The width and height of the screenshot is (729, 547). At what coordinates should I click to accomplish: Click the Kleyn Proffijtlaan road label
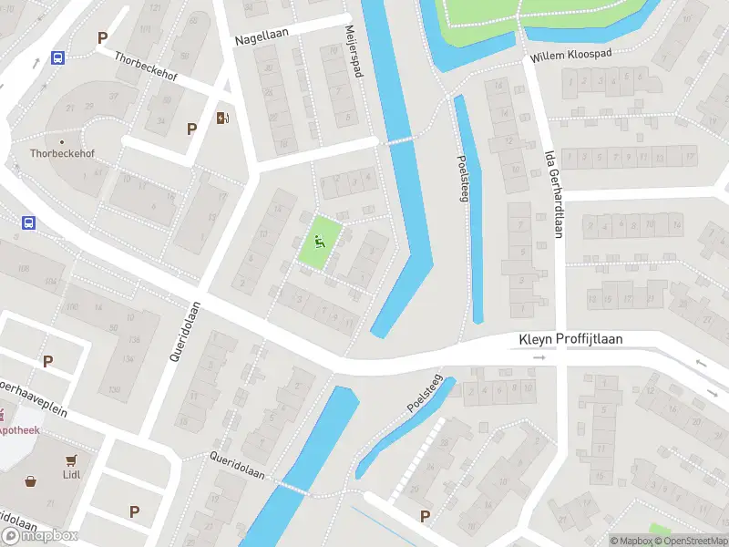pyautogui.click(x=570, y=339)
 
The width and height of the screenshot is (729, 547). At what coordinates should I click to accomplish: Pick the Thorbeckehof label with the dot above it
pyautogui.click(x=61, y=154)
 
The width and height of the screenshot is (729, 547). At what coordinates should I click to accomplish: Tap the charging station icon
pyautogui.click(x=222, y=117)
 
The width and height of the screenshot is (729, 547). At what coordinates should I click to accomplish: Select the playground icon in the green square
pyautogui.click(x=319, y=242)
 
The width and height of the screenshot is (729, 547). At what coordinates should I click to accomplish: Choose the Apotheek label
pyautogui.click(x=17, y=429)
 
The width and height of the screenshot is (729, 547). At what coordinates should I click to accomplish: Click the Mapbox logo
pyautogui.click(x=39, y=535)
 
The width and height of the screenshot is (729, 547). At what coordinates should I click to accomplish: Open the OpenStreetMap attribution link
pyautogui.click(x=692, y=541)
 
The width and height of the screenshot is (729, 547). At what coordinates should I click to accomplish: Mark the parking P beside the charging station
pyautogui.click(x=191, y=129)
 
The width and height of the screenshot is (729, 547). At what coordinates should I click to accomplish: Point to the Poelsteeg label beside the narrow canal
pyautogui.click(x=463, y=179)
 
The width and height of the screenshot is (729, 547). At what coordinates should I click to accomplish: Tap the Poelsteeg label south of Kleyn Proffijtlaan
pyautogui.click(x=425, y=394)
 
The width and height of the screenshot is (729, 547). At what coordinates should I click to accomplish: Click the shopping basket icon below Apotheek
pyautogui.click(x=30, y=480)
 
